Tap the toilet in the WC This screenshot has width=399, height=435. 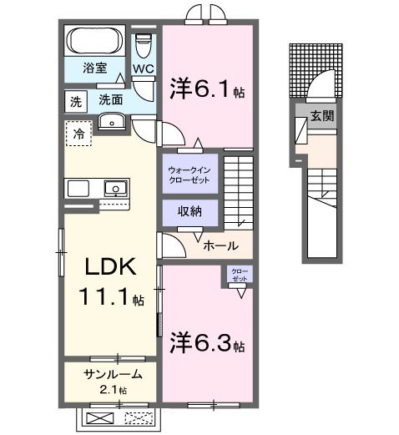tap(144, 47)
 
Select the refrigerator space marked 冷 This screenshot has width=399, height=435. tap(78, 134)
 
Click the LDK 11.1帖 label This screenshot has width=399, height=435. tap(109, 281)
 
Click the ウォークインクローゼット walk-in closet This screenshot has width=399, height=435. tap(190, 173)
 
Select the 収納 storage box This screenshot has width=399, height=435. tap(190, 212)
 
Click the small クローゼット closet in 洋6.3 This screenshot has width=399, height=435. tap(240, 276)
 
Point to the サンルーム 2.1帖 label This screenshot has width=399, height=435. tap(108, 380)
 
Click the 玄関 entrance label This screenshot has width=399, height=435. tap(322, 116)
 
